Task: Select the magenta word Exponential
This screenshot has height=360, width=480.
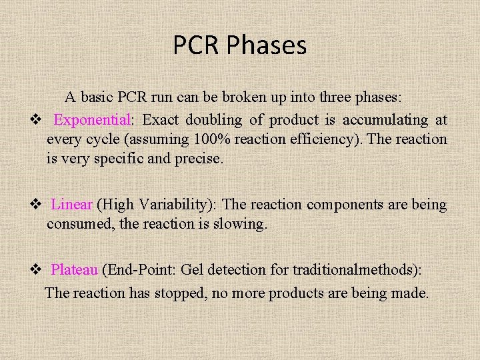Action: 93,120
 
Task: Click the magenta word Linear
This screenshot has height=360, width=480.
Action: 71,205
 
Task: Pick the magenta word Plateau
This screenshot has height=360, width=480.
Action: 75,270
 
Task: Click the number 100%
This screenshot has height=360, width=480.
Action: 211,139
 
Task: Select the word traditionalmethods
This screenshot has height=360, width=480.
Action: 353,270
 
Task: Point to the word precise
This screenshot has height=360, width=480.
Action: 194,159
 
